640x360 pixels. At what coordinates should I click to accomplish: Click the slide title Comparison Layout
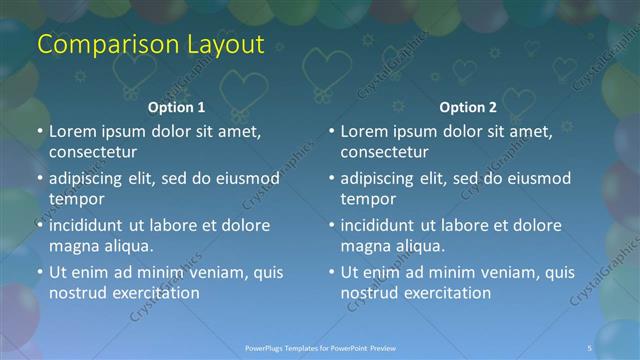(150, 45)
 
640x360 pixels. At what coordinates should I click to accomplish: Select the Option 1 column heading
(176, 107)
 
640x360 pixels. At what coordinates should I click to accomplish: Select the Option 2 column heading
(467, 107)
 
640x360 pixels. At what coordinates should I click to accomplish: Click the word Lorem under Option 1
(74, 131)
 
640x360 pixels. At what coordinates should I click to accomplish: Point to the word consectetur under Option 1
(93, 153)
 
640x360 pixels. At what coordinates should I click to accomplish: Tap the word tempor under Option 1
(75, 200)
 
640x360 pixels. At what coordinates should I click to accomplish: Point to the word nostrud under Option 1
(77, 293)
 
